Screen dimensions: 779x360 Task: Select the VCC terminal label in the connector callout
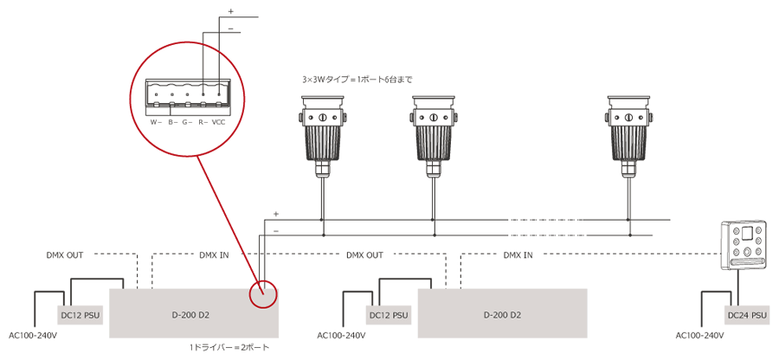point(219,122)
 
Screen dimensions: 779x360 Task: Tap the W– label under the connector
point(156,122)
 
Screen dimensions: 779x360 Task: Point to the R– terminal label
point(203,122)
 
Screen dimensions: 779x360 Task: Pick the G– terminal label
point(187,122)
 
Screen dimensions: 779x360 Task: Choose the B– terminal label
point(172,122)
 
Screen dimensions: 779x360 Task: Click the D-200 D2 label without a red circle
point(502,315)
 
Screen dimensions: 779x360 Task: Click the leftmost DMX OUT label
point(64,255)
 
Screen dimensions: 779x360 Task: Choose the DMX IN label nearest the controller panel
point(518,255)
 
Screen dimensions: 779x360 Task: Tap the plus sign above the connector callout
point(230,11)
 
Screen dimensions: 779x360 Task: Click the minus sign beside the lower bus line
point(276,231)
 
